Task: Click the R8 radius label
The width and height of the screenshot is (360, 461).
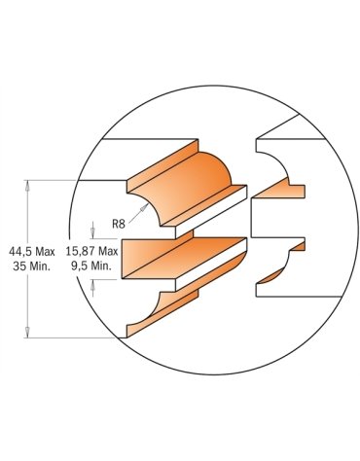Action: click(x=119, y=224)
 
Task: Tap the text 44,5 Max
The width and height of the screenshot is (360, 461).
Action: click(x=32, y=252)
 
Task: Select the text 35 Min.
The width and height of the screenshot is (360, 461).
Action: click(x=32, y=266)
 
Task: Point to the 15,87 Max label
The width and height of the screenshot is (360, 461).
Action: click(x=91, y=251)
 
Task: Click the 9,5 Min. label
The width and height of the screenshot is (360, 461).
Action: click(x=91, y=266)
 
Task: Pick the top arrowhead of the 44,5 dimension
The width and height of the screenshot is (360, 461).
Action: click(x=27, y=186)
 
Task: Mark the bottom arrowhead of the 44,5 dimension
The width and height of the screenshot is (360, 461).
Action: click(x=27, y=332)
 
